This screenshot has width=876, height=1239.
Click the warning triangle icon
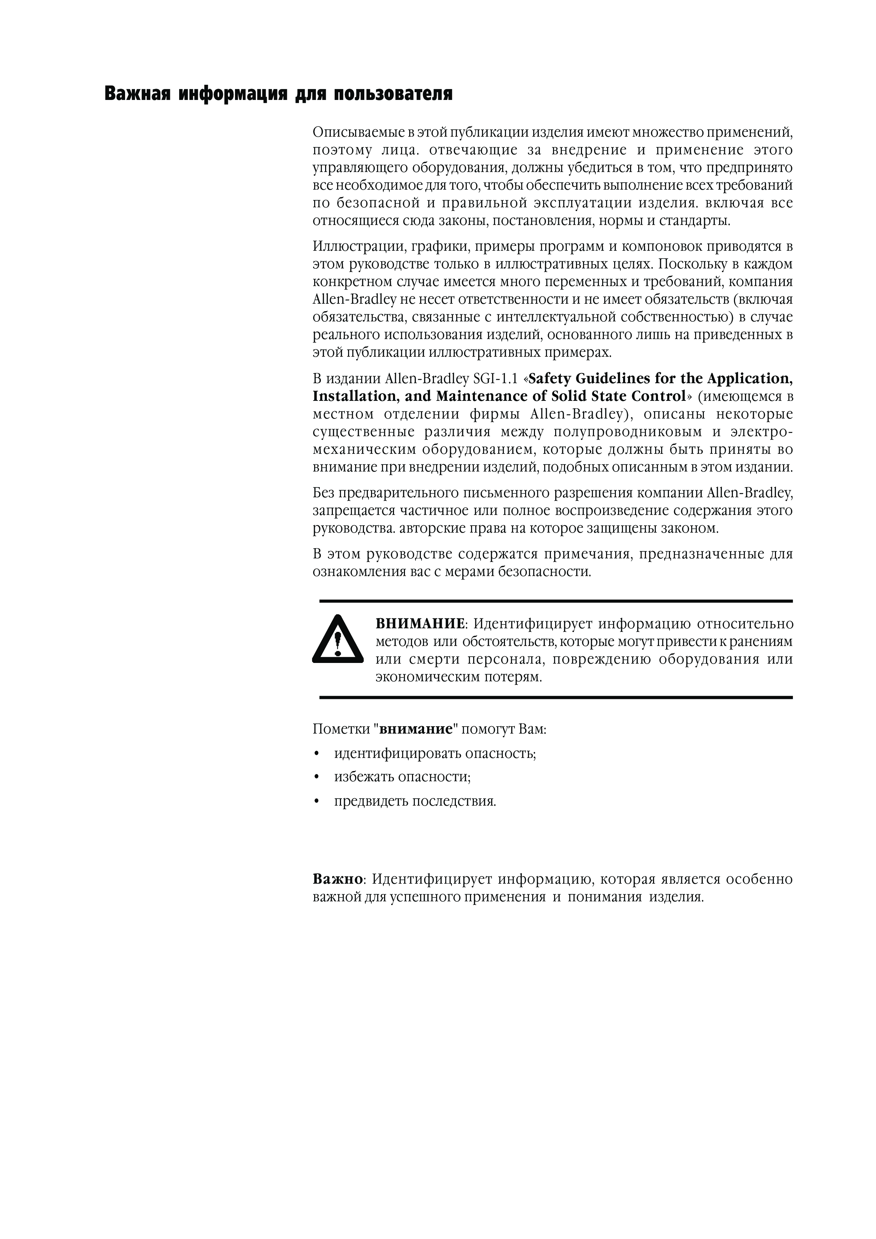click(x=338, y=640)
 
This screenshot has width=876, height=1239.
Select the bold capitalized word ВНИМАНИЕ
click(x=420, y=624)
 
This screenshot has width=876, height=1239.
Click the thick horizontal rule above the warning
click(x=556, y=601)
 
